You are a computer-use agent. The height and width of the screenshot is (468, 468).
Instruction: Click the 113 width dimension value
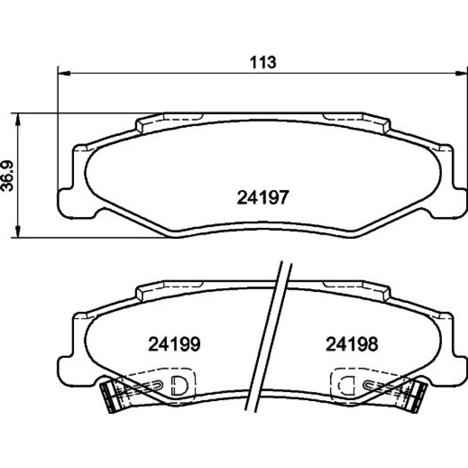coord(263,62)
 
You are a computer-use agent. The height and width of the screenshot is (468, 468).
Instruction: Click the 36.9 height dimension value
coord(7,176)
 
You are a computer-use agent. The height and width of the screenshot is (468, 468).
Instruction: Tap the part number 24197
coord(263,197)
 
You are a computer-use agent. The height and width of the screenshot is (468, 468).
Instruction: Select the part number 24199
coord(174,344)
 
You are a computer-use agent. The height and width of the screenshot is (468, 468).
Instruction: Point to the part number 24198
coord(352,344)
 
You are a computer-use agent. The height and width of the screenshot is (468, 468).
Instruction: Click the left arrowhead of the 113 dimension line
coord(64,73)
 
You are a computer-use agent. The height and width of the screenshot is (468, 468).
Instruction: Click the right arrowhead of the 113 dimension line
coord(461,73)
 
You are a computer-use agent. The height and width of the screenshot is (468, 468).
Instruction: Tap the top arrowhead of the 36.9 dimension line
coord(18,119)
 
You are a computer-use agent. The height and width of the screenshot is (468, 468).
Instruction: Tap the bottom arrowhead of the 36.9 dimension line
coord(18,231)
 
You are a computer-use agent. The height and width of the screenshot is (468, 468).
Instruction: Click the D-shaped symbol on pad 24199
coord(178,385)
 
